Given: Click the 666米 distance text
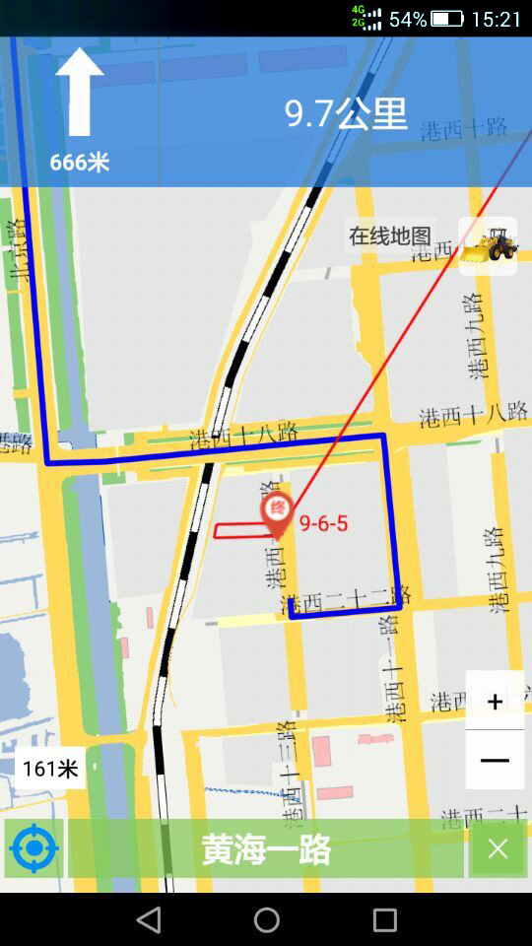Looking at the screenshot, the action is tap(79, 163).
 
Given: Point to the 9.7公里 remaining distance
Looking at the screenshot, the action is tap(346, 114).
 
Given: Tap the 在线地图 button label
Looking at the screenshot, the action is tap(390, 236).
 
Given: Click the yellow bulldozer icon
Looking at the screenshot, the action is tap(489, 246).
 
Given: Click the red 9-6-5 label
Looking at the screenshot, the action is tap(323, 523).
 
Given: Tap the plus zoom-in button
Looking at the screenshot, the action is tap(495, 702).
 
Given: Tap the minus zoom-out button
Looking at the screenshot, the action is tap(495, 760).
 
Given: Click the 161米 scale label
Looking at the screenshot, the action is tap(50, 769).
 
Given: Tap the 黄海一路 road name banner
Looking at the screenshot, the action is tap(266, 848).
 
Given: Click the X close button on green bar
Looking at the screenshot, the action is tap(498, 848).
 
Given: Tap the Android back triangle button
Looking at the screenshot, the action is tap(149, 920).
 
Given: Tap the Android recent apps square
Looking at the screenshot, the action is tap(384, 920).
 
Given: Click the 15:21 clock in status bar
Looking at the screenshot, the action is tap(497, 19).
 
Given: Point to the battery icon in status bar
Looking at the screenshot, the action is tap(446, 19).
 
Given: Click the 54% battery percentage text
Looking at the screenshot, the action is tap(408, 19).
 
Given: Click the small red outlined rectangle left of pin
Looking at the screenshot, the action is tap(240, 530).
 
